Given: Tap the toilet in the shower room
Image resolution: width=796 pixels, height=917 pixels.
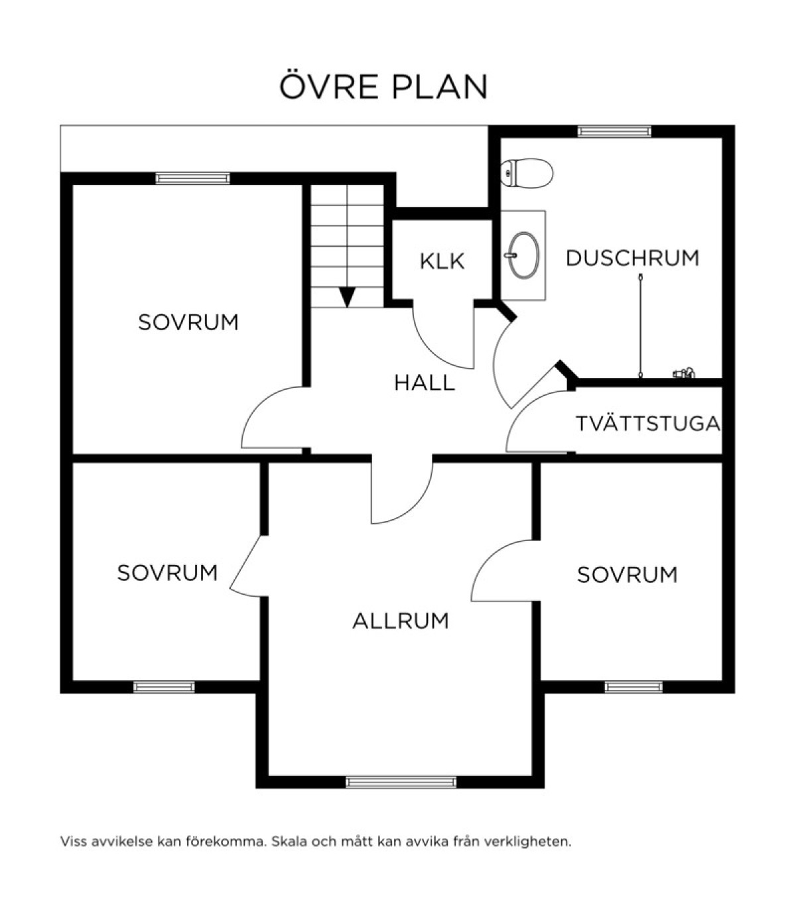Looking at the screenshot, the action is pyautogui.click(x=526, y=173).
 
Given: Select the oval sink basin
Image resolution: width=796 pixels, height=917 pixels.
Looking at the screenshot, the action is pyautogui.click(x=523, y=255).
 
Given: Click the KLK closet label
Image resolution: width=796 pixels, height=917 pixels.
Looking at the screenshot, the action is pyautogui.click(x=442, y=261).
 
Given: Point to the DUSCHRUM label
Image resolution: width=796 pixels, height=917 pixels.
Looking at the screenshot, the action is pyautogui.click(x=632, y=258).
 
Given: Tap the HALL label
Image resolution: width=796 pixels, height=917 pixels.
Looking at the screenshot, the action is pyautogui.click(x=425, y=383).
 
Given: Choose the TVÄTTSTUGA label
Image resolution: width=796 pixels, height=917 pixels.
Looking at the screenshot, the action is pyautogui.click(x=648, y=423).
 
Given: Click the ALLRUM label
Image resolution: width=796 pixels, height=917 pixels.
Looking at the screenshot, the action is pyautogui.click(x=401, y=621).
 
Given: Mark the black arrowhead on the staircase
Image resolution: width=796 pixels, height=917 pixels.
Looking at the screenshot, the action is pyautogui.click(x=348, y=296).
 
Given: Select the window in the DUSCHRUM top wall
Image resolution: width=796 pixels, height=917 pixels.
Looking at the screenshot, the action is pyautogui.click(x=614, y=131).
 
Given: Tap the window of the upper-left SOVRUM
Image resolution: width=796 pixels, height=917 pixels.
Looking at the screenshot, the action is pyautogui.click(x=193, y=178).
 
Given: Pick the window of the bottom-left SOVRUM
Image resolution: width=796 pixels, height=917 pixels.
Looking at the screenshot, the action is pyautogui.click(x=164, y=687).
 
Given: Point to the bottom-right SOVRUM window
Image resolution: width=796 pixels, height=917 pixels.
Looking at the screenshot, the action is pyautogui.click(x=633, y=687).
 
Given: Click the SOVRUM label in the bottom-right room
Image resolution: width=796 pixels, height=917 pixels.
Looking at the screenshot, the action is pyautogui.click(x=627, y=575).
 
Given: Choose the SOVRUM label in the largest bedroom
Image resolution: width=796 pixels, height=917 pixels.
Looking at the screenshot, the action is pyautogui.click(x=188, y=323).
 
